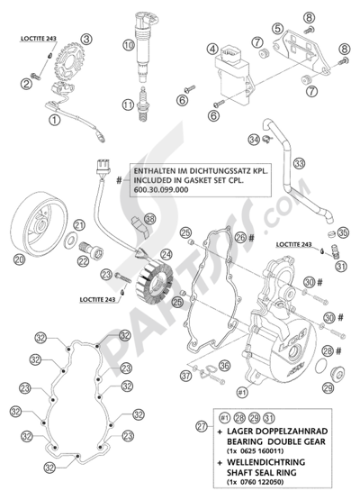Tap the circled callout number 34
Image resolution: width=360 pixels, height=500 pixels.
pos(255,139)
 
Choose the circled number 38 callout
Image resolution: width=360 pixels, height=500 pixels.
pos(150,221)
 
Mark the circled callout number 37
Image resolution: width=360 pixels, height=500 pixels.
pos(185,375)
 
